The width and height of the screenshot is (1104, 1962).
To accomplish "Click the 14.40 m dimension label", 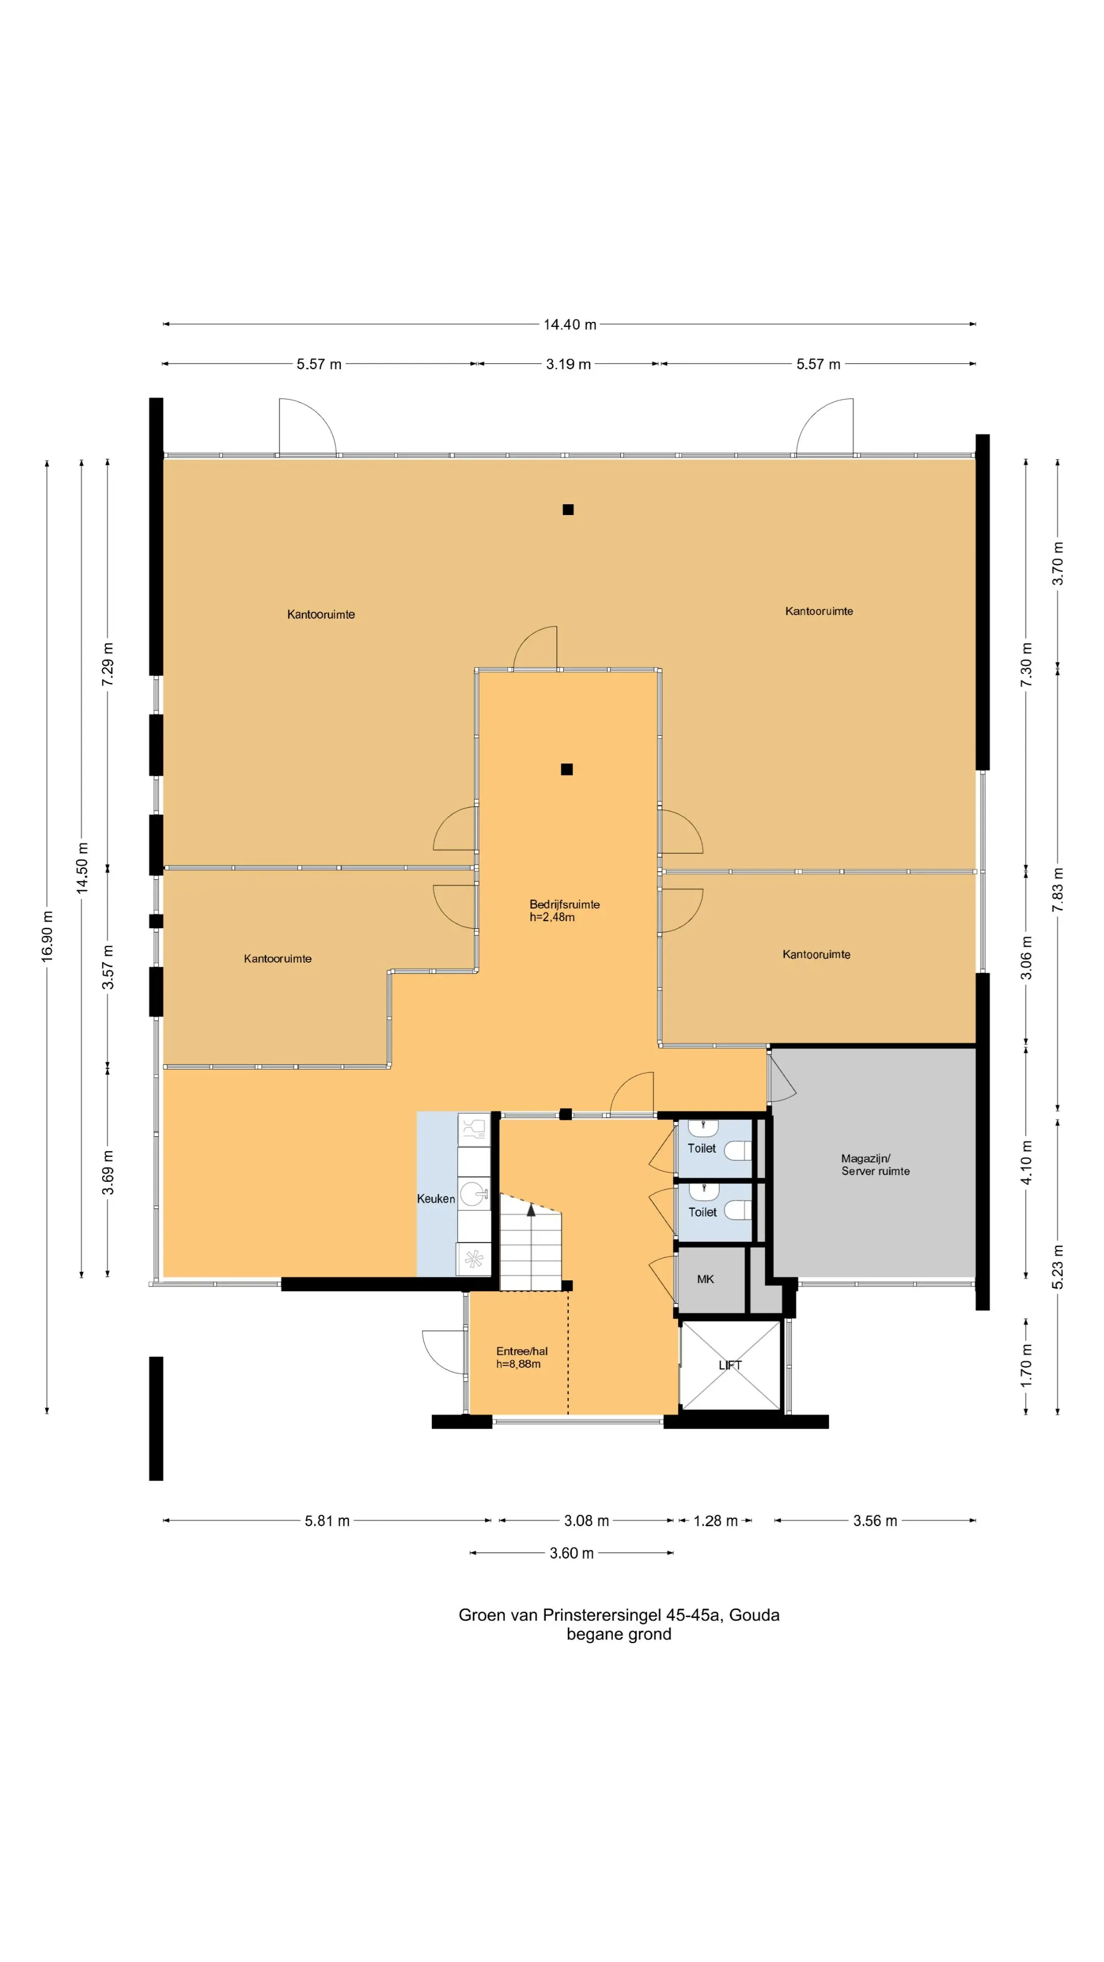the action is click(569, 324).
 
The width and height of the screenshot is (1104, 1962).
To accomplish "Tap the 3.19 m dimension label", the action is click(568, 364).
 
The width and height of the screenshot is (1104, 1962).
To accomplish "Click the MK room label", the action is click(705, 1279).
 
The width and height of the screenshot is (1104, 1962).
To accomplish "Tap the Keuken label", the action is click(436, 1199).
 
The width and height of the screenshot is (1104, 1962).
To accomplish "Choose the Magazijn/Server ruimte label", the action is click(876, 1164).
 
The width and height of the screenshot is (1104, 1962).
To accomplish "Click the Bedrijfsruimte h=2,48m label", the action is click(565, 910).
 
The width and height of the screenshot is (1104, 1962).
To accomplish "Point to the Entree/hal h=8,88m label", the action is click(522, 1357).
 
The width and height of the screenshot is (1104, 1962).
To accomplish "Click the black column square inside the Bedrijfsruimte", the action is click(567, 769).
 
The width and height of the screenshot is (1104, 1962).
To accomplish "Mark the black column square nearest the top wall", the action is click(568, 509).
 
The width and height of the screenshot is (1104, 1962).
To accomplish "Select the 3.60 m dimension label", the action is click(571, 1553).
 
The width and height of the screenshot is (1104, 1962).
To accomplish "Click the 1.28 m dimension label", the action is click(716, 1521).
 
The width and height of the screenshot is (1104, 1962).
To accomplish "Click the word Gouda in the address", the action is click(754, 1615).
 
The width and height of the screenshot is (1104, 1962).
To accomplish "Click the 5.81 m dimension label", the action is click(327, 1521).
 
